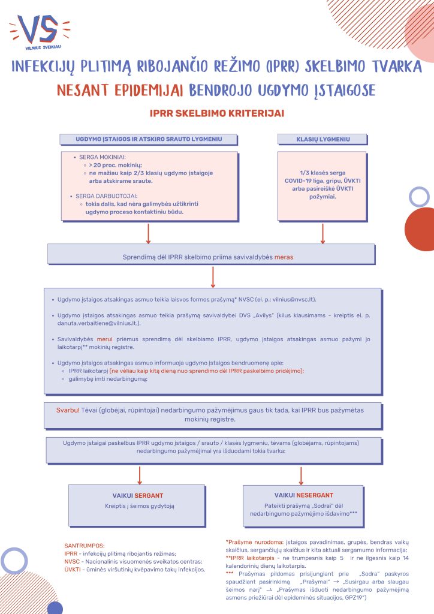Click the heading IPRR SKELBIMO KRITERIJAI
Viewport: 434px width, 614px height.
coord(217,113)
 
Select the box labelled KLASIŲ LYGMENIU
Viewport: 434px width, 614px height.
coord(323,139)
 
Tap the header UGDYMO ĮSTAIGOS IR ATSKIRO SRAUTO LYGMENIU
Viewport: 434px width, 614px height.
coord(148,139)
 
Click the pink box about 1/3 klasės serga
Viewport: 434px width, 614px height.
coord(323,185)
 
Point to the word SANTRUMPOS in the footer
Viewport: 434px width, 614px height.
coord(84,545)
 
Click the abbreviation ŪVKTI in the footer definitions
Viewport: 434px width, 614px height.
coord(73,569)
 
